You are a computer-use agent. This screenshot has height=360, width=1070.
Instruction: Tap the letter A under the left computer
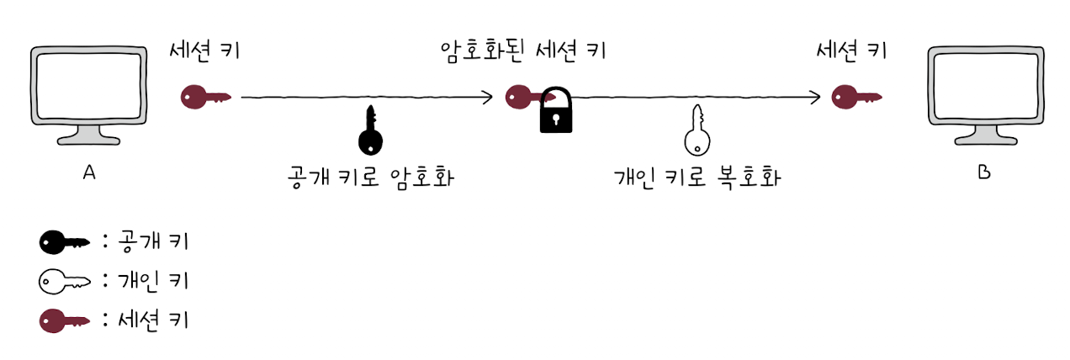pos(88,172)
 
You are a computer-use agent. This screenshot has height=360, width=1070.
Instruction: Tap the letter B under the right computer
pos(984,173)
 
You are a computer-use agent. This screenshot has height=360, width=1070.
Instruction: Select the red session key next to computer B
pos(855,98)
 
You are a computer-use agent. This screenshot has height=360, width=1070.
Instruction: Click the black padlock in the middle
pos(555,111)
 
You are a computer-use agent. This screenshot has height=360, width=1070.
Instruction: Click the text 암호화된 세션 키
pos(522,50)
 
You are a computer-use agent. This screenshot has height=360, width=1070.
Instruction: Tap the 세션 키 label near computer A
pos(204,50)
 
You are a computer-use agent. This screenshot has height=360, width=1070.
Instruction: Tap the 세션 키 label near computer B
pos(851,50)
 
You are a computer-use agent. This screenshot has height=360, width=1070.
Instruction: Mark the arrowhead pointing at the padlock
pos(488,98)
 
